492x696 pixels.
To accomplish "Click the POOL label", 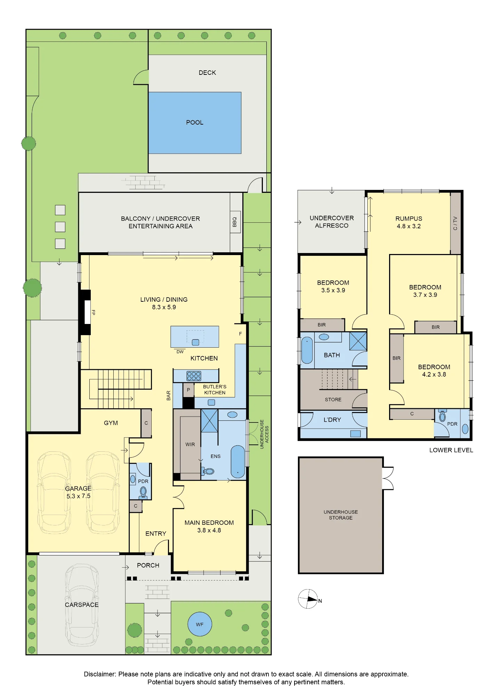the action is pos(195,122).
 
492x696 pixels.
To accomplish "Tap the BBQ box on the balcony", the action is pos(235,222).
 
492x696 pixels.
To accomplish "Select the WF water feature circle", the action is pos(200,624).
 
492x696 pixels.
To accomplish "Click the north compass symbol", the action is pos(308,599).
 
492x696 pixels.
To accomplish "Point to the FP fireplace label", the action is pos(93,313).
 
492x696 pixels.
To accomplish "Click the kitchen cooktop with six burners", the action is pos(194,376).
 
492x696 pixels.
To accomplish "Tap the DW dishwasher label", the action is pos(180,352).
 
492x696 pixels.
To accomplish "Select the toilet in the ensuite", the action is pos(208,472).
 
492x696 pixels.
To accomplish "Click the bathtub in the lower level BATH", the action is pos(307,350).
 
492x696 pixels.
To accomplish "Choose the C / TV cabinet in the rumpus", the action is pos(455,223).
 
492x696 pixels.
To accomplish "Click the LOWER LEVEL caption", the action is pos(451,450).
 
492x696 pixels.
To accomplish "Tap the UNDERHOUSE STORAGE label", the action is pos(341,515).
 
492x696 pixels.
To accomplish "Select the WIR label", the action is pos(190,444).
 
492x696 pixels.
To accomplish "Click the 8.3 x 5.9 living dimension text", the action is pos(164,307).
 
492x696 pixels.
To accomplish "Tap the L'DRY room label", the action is pos(332,420).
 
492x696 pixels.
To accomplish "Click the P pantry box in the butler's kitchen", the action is pos(188,390).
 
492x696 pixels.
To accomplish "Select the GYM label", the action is pos(111,423).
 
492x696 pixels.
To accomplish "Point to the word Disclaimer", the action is pos(100,674).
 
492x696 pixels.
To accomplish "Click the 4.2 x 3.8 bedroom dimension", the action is pos(434,374).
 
